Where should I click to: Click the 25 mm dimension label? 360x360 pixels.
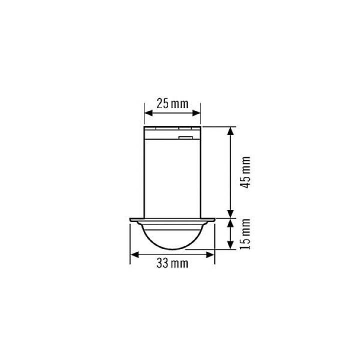point(172,104)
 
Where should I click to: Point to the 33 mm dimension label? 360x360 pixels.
point(172,263)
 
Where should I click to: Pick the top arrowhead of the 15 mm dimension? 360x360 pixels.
point(230,222)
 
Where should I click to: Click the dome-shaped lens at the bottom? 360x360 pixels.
point(172,235)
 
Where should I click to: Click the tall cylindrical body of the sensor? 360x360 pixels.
point(172,175)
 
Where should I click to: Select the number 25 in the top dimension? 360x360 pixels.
point(163,104)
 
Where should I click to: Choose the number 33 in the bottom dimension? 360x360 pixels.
point(162,263)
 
